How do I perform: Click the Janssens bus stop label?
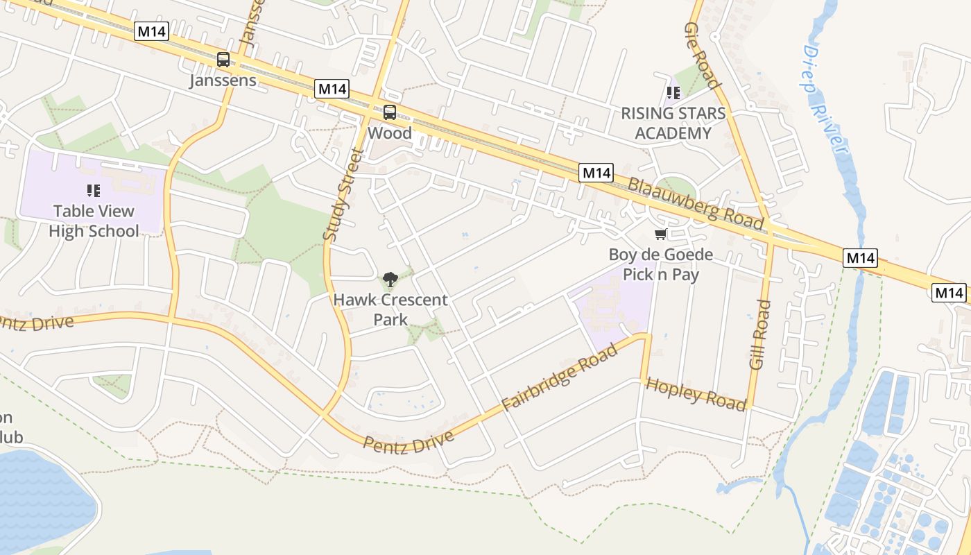tap(223, 80)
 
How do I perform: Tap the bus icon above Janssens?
tap(223, 60)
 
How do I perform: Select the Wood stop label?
tap(389, 133)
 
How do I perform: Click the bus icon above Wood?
tap(390, 112)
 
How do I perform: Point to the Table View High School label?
tap(94, 221)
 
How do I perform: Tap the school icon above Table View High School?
tap(94, 190)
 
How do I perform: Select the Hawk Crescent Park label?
tap(390, 309)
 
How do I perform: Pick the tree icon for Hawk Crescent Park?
tap(390, 280)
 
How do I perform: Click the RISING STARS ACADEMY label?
tap(673, 123)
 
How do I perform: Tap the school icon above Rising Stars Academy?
tap(673, 92)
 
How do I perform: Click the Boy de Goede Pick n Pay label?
tap(660, 264)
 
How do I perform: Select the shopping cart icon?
tap(660, 234)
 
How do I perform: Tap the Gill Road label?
tap(760, 334)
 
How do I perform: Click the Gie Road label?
tap(703, 55)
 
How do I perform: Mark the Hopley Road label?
tap(696, 394)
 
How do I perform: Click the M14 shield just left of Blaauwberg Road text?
tap(596, 173)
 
